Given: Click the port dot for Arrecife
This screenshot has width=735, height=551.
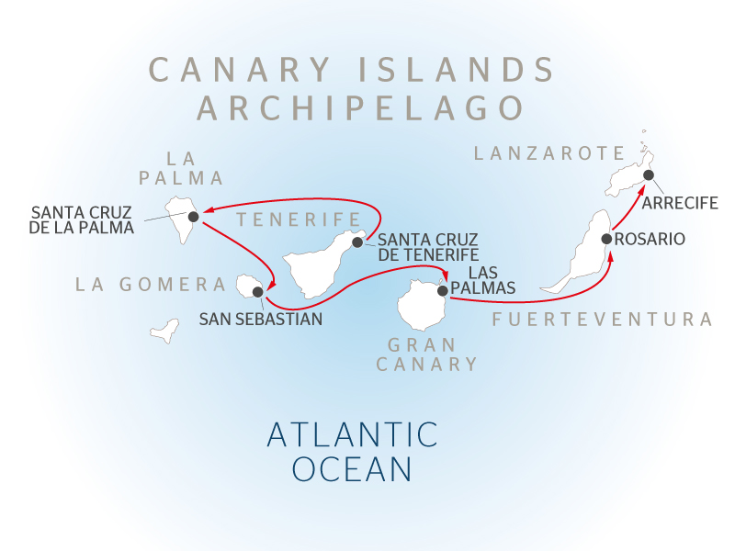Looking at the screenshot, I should (648, 174).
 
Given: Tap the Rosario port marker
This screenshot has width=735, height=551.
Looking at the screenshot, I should (606, 239).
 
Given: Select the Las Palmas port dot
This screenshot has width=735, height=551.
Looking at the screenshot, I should (443, 290).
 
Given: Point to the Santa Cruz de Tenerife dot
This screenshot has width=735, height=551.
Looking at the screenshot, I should (357, 242).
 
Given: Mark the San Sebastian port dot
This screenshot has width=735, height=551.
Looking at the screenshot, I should (257, 292).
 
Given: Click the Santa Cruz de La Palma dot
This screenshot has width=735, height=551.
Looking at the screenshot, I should (194, 217).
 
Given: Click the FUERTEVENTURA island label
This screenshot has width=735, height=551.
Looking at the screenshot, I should (602, 320).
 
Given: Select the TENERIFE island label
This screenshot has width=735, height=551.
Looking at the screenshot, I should (296, 219).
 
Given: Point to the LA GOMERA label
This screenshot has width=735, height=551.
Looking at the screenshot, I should (151, 285).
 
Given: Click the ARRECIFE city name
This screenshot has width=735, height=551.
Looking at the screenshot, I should (680, 203).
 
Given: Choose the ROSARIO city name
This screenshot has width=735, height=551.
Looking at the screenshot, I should (650, 239).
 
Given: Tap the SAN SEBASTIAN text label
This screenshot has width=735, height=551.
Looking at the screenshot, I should (261, 320).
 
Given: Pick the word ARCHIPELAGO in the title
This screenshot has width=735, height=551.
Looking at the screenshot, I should (361, 107).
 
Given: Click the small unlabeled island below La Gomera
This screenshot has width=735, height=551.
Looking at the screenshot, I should (164, 330).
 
